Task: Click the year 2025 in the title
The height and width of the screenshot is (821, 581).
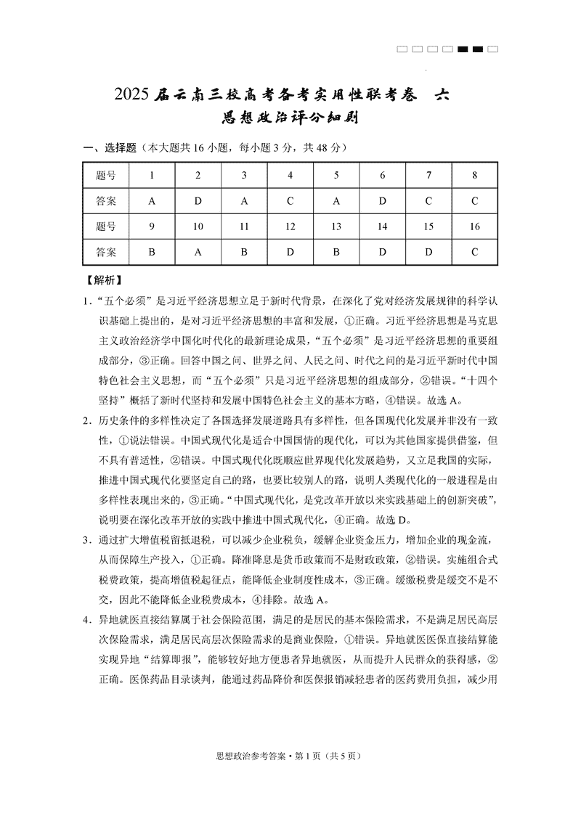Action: [133, 95]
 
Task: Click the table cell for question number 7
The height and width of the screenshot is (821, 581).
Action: [428, 175]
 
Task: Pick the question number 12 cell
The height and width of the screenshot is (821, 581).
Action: [290, 226]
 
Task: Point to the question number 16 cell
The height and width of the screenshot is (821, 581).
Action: [474, 226]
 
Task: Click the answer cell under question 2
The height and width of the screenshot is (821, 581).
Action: [198, 200]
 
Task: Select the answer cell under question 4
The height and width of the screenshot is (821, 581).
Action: [290, 200]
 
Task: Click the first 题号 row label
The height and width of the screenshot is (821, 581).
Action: [106, 175]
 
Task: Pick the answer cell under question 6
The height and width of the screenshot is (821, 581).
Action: [382, 200]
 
